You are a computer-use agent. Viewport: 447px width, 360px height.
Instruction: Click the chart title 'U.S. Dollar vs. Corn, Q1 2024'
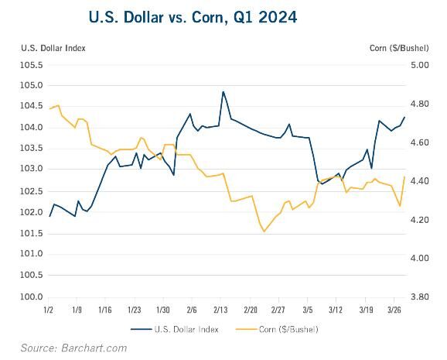click(193, 17)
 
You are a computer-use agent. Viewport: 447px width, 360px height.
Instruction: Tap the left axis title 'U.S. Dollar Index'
click(53, 48)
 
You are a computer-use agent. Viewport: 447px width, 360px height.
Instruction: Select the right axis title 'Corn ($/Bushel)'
click(399, 48)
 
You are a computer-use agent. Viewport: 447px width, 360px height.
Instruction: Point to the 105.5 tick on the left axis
click(32, 65)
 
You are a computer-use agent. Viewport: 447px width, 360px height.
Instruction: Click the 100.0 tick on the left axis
click(32, 297)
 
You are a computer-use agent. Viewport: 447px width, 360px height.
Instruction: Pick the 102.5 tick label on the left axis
click(32, 191)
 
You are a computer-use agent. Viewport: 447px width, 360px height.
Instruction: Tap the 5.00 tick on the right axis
click(419, 65)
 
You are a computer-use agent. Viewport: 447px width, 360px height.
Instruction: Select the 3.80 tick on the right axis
click(419, 297)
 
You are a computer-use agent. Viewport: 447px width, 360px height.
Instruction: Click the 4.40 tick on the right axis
click(419, 181)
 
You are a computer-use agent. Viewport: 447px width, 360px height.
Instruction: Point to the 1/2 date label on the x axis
click(49, 310)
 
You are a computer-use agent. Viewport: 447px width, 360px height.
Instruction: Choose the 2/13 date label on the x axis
click(220, 310)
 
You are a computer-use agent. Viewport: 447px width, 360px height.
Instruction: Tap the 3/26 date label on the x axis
click(394, 310)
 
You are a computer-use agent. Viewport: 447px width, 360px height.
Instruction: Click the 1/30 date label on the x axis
click(163, 310)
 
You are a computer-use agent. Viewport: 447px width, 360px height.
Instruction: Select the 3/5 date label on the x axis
click(308, 310)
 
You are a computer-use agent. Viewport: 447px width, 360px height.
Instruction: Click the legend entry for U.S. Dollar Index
click(175, 330)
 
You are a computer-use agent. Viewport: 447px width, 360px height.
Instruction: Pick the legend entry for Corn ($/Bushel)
click(277, 330)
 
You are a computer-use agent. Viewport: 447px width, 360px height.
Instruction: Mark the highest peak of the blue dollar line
click(223, 91)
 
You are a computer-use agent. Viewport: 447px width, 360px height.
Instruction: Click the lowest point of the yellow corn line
click(264, 231)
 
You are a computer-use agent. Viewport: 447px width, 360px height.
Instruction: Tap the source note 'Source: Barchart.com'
click(73, 348)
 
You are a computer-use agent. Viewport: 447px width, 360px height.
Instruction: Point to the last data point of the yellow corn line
click(404, 177)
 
